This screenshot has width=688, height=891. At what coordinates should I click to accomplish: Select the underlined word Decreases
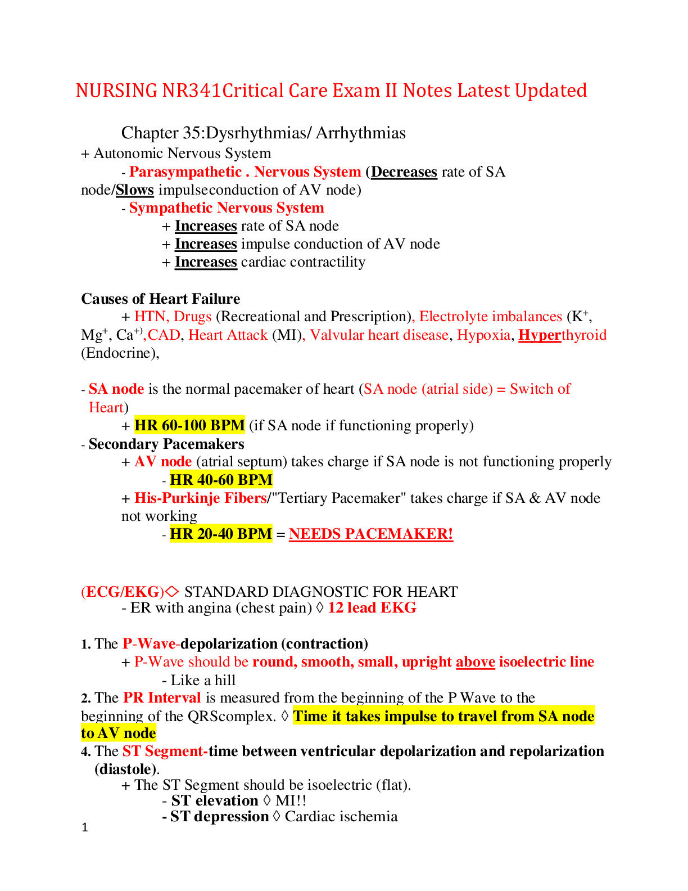click(404, 172)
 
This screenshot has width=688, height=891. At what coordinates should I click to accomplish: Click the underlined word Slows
click(135, 190)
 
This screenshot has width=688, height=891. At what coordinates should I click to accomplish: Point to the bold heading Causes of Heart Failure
click(161, 299)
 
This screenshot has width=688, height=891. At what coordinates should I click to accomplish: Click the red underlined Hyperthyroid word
click(562, 335)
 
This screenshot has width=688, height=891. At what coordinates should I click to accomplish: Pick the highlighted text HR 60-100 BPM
click(189, 425)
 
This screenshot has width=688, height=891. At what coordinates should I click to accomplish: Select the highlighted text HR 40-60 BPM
click(221, 480)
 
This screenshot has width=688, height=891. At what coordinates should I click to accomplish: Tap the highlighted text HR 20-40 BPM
click(221, 534)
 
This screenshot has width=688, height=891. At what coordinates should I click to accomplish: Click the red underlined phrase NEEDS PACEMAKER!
click(371, 534)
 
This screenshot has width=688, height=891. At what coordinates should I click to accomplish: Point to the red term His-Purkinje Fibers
click(200, 498)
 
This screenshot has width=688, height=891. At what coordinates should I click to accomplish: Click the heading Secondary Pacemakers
click(166, 444)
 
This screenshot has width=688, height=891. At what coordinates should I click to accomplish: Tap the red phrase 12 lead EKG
click(372, 608)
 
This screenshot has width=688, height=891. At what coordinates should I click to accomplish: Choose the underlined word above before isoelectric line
click(476, 662)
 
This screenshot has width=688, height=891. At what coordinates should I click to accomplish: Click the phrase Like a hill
click(203, 681)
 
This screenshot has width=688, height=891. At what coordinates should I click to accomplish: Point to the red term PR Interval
click(162, 698)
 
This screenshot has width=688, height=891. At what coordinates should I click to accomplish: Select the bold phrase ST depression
click(219, 817)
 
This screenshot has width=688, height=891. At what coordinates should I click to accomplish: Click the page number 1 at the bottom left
click(85, 827)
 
